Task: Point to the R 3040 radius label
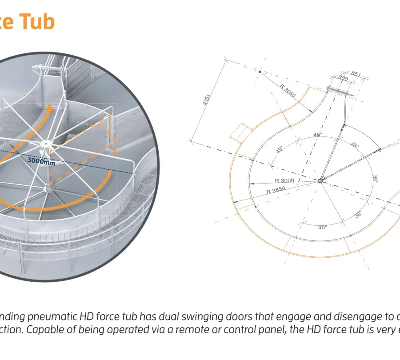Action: [288, 91]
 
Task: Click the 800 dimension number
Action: [343, 78]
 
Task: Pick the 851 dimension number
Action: [356, 74]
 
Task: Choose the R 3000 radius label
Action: [284, 181]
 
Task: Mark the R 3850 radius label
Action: [276, 190]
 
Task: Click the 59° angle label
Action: [375, 179]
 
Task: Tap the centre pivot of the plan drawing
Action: [321, 180]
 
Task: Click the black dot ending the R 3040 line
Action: [260, 72]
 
